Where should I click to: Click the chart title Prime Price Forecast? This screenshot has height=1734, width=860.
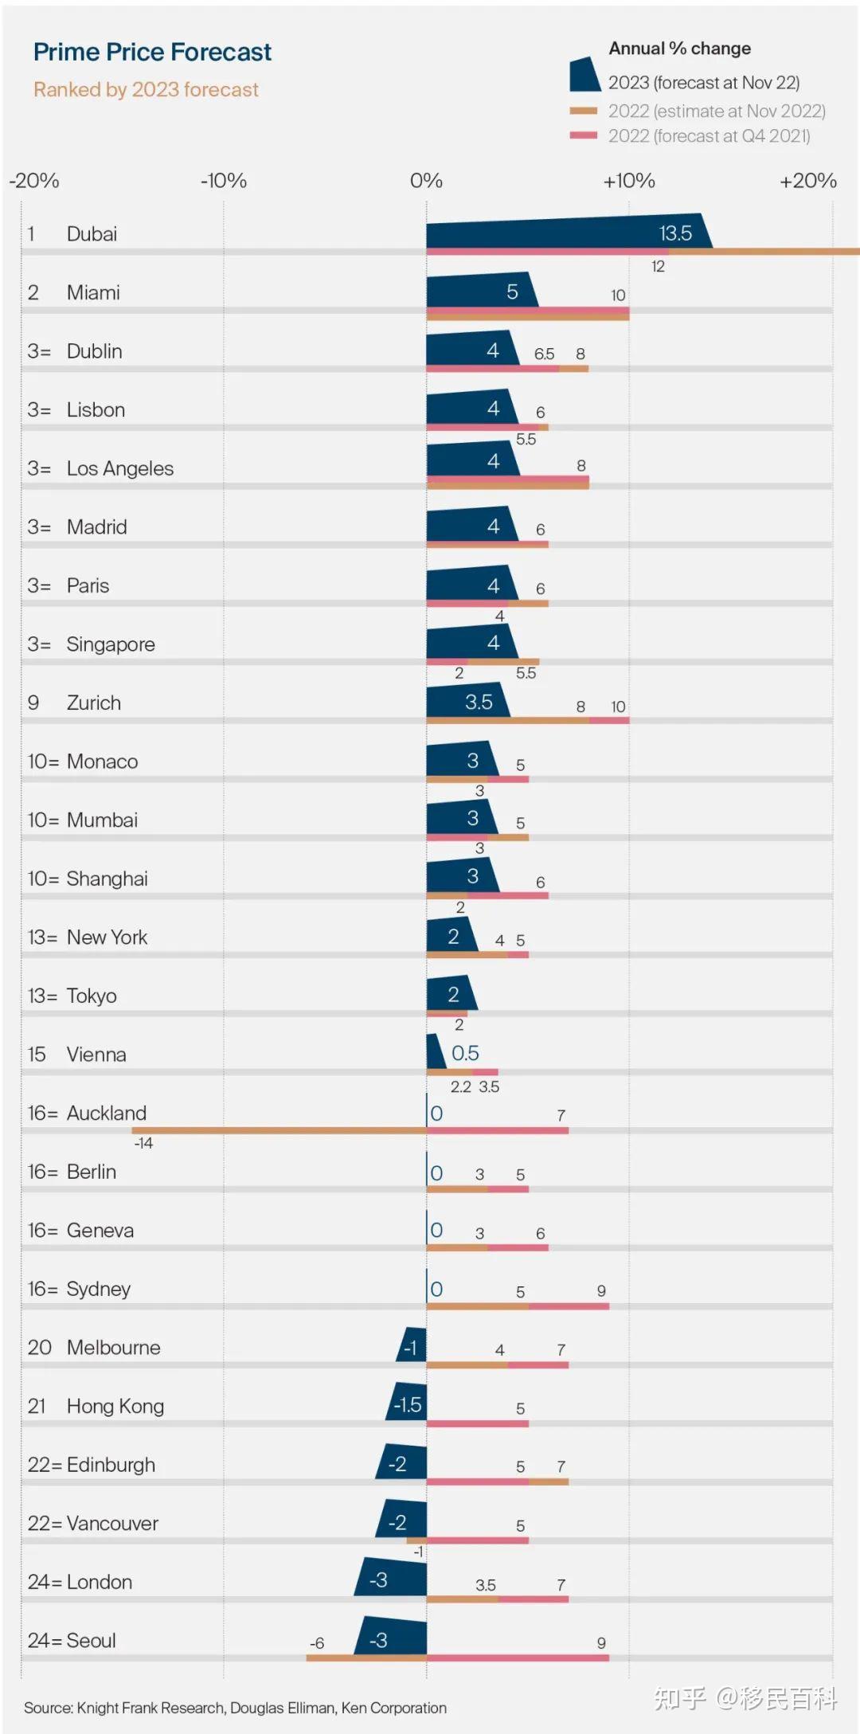pos(152,53)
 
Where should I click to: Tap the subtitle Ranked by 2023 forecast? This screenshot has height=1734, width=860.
pos(146,90)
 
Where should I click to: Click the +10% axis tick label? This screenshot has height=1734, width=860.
pos(629,181)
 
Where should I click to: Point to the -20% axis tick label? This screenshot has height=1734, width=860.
pos(34,181)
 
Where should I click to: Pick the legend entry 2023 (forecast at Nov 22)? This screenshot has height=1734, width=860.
pos(704,83)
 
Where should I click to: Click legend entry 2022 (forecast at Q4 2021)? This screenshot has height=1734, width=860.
pos(709,136)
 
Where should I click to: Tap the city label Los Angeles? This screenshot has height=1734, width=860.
pos(120,468)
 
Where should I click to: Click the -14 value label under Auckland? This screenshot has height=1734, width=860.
pos(143,1143)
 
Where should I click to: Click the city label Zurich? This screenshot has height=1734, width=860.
pos(94,703)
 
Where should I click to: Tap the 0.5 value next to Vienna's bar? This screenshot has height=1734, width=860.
pos(465,1053)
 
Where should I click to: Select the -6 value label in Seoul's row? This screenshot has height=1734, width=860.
pos(317,1643)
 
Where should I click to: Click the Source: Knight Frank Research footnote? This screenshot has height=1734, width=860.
pos(235,1708)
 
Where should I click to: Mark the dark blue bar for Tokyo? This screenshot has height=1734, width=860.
pos(450,994)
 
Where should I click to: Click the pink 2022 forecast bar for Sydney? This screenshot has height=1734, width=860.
pos(569,1306)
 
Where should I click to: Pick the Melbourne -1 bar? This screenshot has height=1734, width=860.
pos(412,1347)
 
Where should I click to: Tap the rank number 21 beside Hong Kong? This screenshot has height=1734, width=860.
pos(37,1406)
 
